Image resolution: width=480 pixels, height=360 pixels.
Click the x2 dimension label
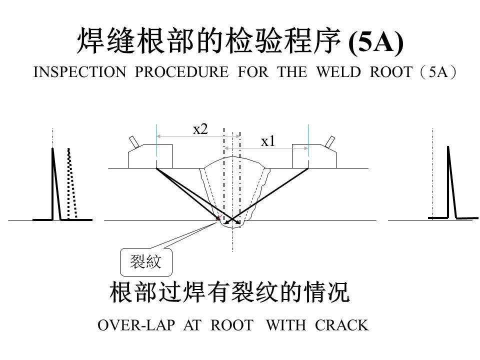[x=200, y=129]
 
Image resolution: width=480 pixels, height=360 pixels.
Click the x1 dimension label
[x=268, y=141]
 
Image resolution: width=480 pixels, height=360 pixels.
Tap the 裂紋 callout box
[x=146, y=262]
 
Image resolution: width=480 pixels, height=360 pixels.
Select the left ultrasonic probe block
[x=150, y=156]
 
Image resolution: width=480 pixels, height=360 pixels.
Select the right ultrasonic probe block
[x=314, y=156]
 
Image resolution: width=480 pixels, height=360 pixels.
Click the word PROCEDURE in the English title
[x=182, y=72]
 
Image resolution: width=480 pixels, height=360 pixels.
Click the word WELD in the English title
[x=338, y=72]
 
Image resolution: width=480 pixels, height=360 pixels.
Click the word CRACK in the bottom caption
[x=341, y=325]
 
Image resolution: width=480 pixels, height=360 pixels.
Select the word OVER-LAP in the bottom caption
[x=136, y=325]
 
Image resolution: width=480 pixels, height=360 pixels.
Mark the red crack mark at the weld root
[x=218, y=217]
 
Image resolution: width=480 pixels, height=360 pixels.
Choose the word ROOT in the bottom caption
[x=232, y=325]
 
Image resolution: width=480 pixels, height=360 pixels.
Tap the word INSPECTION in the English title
[x=79, y=72]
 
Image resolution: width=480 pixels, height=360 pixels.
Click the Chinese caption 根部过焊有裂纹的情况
[x=229, y=292]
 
